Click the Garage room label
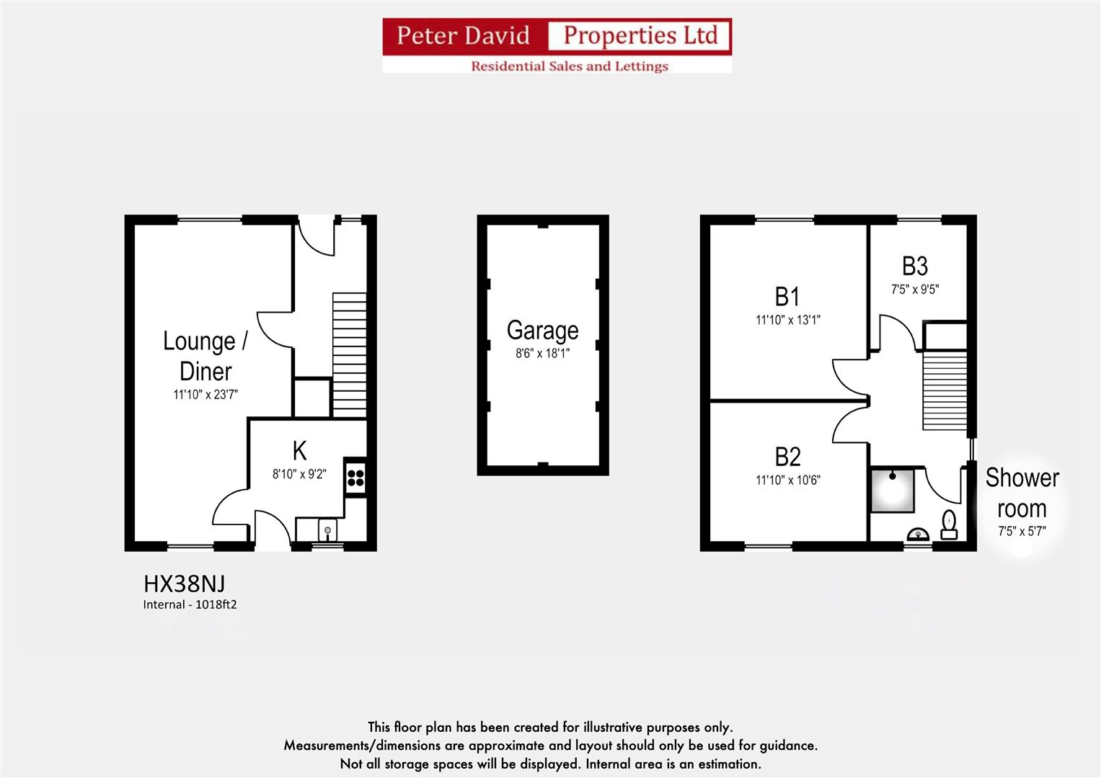click(x=542, y=330)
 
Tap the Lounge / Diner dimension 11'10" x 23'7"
click(x=205, y=395)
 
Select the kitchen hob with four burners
click(x=355, y=476)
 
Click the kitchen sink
click(x=327, y=531)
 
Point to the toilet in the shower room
click(x=949, y=524)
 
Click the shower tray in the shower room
click(x=892, y=491)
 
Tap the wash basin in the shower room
click(x=917, y=534)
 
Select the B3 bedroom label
click(x=914, y=266)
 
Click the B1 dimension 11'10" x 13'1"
click(x=787, y=320)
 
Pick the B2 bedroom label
click(x=787, y=456)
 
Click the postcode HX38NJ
click(x=184, y=583)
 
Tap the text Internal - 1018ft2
click(x=190, y=604)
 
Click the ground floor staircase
click(x=349, y=353)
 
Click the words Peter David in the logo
click(x=463, y=35)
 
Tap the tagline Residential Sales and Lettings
click(x=569, y=66)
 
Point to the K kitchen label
click(x=299, y=451)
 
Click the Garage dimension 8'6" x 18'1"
click(x=542, y=354)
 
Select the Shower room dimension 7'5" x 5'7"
click(x=1021, y=532)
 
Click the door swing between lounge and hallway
click(x=274, y=330)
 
